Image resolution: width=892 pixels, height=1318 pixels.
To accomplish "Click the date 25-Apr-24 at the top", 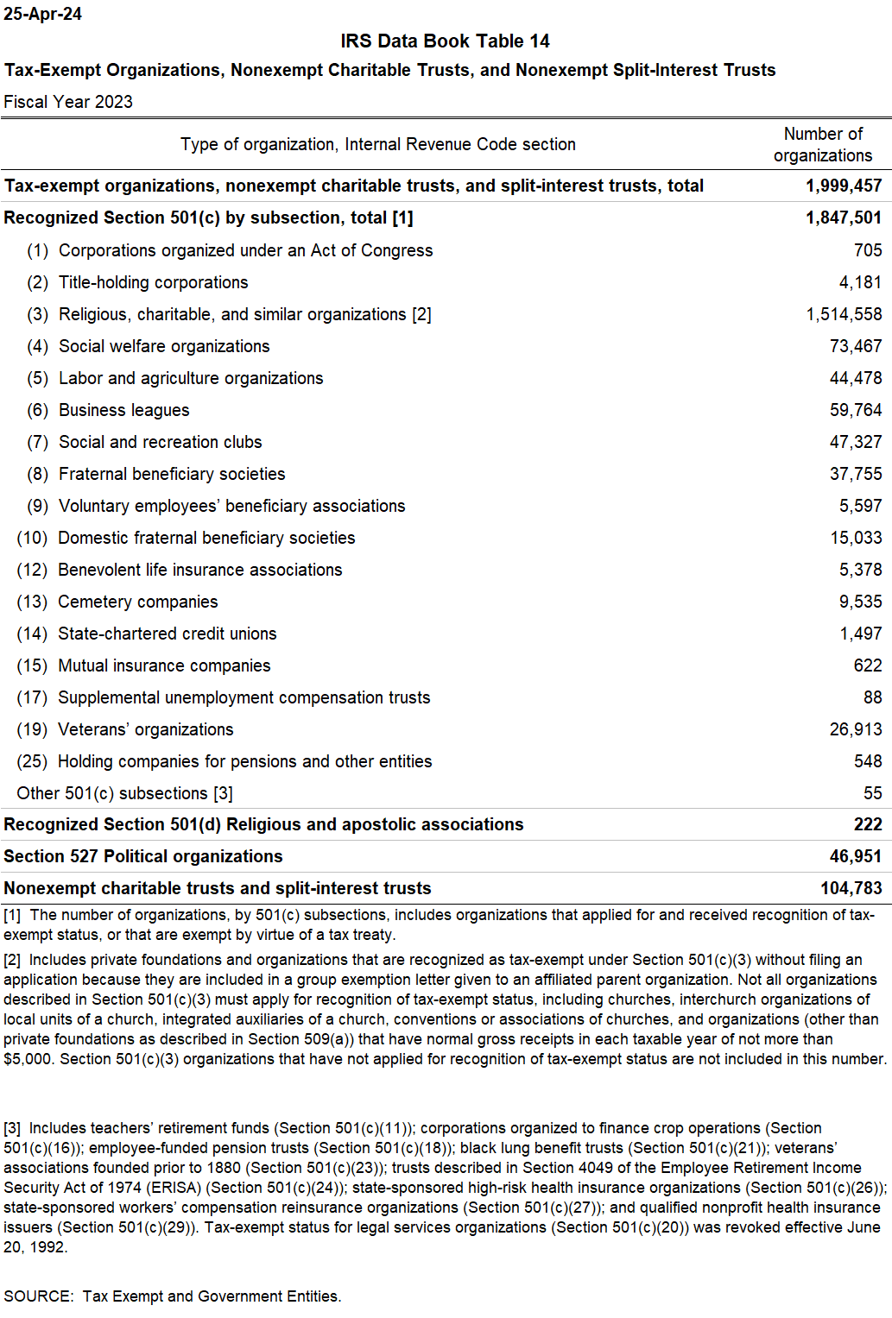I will coord(42,14).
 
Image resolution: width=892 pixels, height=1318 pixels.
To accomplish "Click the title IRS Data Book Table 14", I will coord(445,41).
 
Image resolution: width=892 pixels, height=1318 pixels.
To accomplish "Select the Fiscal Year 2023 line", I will coord(68,102).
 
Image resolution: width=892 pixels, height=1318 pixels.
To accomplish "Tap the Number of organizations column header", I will coord(822,144).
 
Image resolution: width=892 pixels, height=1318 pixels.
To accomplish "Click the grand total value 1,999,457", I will coord(843,186).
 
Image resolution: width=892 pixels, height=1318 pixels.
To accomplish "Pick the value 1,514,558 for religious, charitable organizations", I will coord(844,314).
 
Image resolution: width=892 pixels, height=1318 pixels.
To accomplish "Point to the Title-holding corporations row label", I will coord(153,282).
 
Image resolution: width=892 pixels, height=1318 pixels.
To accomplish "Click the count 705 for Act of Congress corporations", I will coord(867,250).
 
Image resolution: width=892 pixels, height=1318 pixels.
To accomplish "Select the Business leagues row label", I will coord(123,410).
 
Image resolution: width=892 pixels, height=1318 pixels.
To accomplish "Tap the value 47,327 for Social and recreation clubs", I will coord(855,442).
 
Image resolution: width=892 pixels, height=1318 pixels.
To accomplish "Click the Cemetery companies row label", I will coord(137,602).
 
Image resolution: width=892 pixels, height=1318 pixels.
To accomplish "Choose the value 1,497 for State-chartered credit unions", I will coord(860,634).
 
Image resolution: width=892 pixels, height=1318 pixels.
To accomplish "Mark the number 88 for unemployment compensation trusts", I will coord(872,697).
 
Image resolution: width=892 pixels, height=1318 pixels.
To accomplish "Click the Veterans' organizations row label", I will coord(145,729).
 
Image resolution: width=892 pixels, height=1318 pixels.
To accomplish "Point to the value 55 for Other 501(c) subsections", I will coord(872,793).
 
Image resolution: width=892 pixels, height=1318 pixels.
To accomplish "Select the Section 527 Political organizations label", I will coord(143,856).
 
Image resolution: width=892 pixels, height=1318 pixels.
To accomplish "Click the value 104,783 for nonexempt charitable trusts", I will coord(851,888).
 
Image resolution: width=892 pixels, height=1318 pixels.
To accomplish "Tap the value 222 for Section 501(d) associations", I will coord(867,824).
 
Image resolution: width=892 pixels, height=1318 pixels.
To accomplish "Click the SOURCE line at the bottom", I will coord(172,1296).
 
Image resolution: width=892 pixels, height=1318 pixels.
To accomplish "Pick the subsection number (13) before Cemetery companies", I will coord(32,602).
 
